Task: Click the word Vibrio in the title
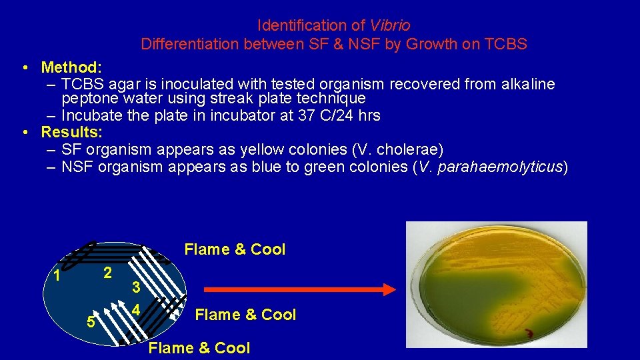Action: pos(390,25)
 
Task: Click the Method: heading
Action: pos(71,67)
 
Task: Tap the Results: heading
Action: pos(71,131)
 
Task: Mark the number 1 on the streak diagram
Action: pos(57,275)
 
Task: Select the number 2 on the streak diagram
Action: pos(107,273)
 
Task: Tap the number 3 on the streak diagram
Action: pos(135,288)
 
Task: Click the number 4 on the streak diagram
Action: pos(135,310)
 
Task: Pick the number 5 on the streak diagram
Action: pos(91,321)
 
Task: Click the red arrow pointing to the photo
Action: pos(300,289)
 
